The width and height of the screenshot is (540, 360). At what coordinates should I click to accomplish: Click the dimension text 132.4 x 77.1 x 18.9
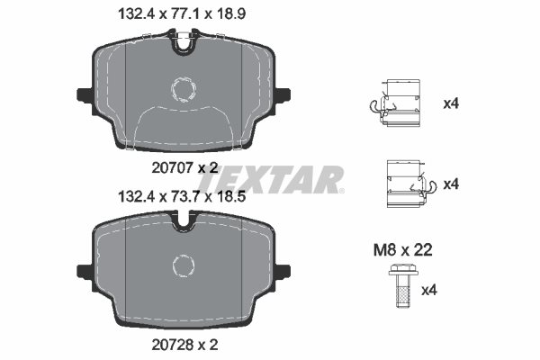182,14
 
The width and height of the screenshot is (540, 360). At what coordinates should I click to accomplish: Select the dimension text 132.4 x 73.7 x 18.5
182,197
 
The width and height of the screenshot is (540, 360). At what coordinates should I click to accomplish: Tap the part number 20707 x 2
184,168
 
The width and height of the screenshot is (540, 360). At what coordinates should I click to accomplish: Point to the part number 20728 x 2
184,345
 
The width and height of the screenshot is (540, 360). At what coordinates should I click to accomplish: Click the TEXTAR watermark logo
271,179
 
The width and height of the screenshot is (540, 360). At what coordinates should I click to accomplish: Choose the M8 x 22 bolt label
402,250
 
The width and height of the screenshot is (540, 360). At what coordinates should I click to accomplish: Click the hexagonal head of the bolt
403,270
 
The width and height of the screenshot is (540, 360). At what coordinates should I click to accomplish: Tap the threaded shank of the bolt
403,292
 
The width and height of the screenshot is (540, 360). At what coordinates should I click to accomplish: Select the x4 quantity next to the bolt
429,290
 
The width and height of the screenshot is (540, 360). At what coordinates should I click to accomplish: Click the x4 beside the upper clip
451,103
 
